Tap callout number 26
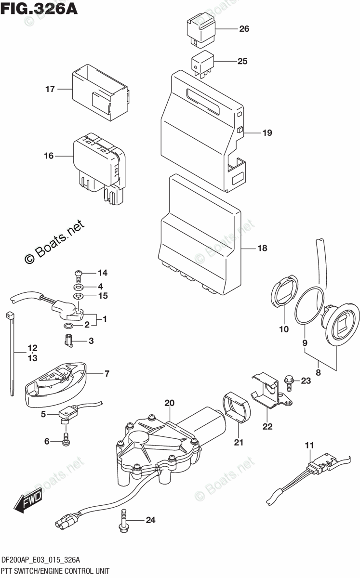[244, 29]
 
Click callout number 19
[267, 133]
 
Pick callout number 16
[49, 156]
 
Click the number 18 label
[262, 249]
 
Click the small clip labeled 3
[68, 341]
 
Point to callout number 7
[107, 373]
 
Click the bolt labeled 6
[66, 438]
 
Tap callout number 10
[283, 329]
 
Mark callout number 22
[267, 426]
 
